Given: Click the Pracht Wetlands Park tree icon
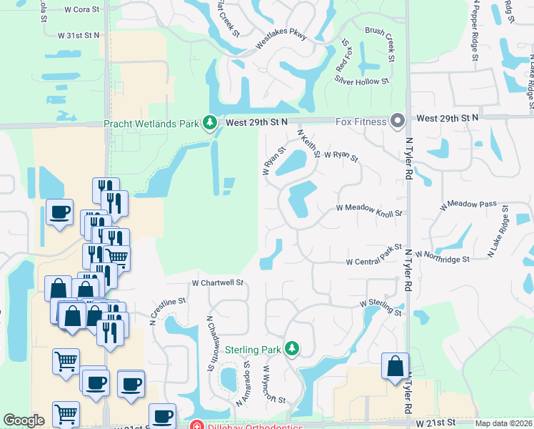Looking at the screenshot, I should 210,123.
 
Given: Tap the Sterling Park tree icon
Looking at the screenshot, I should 291,349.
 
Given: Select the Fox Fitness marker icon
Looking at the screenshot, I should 397,121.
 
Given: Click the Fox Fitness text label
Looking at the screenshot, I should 362,122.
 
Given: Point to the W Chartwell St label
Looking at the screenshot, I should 218,283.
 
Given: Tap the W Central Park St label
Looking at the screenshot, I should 375,257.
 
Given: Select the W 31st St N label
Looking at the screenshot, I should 80,34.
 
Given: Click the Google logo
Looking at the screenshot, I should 24,420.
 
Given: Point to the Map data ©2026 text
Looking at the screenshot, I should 503,423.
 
